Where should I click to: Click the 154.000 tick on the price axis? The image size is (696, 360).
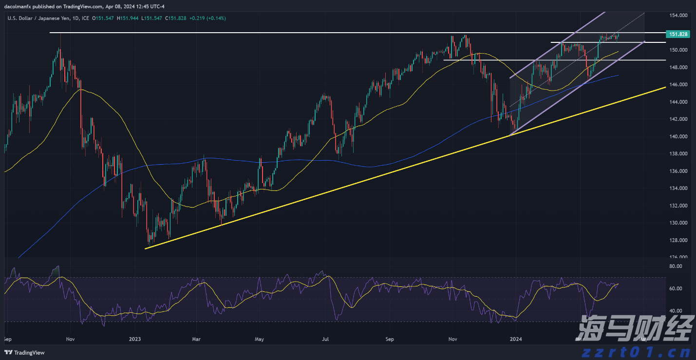[678, 15]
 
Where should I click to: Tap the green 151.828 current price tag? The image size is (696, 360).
[678, 34]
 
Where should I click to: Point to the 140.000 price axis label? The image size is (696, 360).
[678, 136]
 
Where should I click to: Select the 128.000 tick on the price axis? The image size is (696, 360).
[678, 240]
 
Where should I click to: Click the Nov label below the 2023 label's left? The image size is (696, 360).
[70, 339]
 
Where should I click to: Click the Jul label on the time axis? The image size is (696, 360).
[325, 339]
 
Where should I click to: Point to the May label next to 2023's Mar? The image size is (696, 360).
[259, 339]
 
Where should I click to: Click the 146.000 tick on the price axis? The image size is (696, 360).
[678, 85]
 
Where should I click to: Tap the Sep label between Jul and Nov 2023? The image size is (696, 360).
[389, 339]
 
